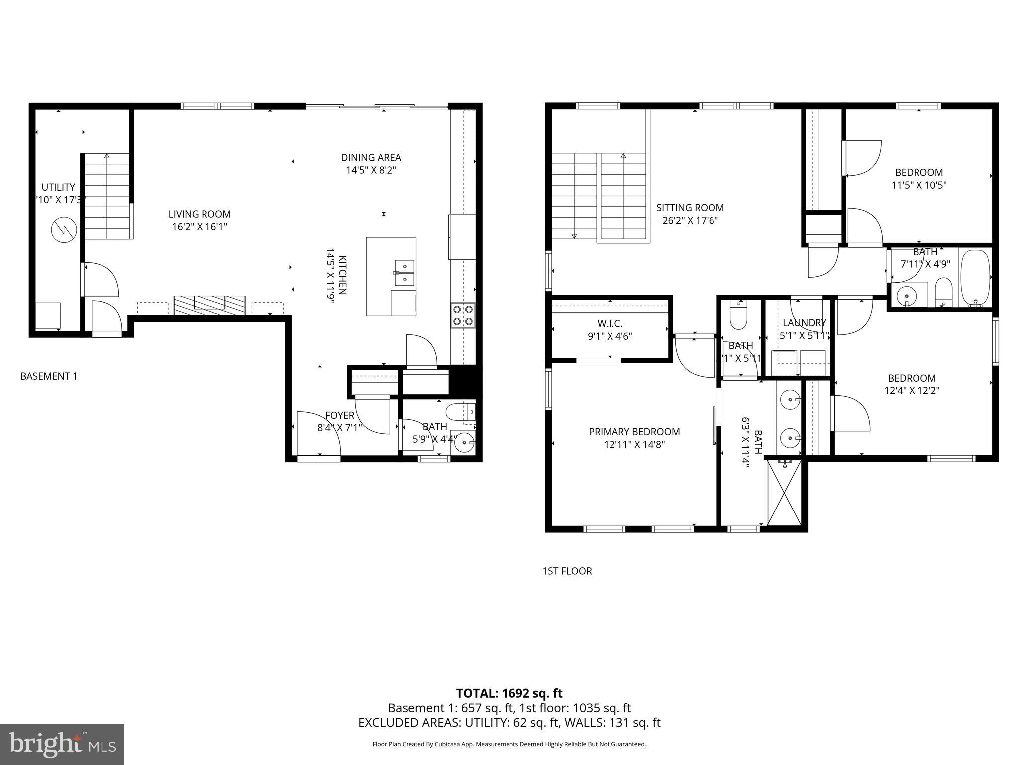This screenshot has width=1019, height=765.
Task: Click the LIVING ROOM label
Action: pos(200,214)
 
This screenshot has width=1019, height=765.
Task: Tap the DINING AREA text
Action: pos(371,157)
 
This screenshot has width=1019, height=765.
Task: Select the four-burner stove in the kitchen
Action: pos(463,315)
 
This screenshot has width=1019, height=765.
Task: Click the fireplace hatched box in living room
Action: pos(209,304)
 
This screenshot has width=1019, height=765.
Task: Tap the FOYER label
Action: pos(340,415)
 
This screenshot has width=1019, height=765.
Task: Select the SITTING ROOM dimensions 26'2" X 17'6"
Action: pos(690,220)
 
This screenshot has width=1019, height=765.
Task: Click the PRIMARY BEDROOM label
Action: pos(634,432)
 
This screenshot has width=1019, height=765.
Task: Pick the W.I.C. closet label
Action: pos(610,324)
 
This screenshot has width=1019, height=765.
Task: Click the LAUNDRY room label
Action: pos(804,323)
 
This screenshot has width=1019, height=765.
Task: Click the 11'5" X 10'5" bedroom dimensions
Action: pos(918,185)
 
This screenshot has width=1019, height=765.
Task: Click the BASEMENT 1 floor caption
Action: pos(49,376)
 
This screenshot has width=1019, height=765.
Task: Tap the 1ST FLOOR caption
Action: pos(567,571)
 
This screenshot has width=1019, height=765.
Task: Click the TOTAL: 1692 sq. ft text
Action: pos(509,693)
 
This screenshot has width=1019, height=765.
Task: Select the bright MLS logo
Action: pos(62,745)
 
